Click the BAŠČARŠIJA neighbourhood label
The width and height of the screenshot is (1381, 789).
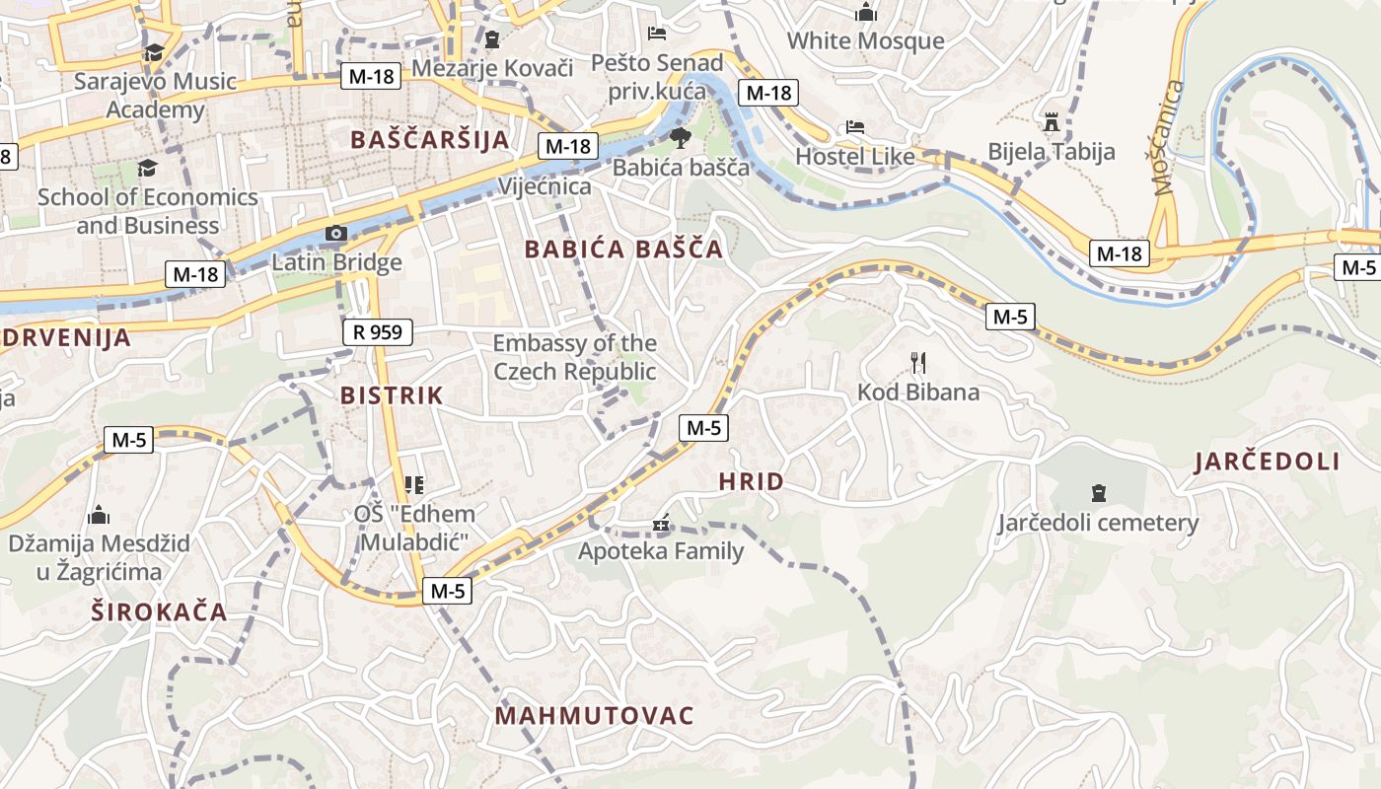[430, 139]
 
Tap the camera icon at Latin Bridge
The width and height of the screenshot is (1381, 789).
[336, 234]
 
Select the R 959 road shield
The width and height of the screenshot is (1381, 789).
[378, 332]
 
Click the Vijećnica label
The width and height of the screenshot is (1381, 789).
[545, 186]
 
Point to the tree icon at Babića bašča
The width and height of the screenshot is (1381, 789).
[680, 138]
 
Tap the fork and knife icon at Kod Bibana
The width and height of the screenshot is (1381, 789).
[918, 363]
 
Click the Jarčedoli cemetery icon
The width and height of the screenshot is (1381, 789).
[1098, 493]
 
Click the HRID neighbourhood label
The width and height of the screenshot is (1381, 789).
[752, 482]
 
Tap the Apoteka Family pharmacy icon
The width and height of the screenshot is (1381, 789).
[661, 524]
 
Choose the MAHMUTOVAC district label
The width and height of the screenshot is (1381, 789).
[595, 716]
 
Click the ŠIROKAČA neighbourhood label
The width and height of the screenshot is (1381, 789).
[160, 611]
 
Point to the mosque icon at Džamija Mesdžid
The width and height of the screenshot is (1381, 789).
[99, 515]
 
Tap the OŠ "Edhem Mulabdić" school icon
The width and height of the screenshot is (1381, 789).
[414, 485]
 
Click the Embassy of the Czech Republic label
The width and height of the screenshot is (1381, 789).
[574, 357]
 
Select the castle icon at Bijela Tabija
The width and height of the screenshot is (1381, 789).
[1052, 122]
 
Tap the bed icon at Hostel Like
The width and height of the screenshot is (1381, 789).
[855, 127]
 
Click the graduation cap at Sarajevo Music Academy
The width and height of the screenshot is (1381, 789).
[154, 52]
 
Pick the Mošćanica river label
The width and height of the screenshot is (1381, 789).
[1167, 138]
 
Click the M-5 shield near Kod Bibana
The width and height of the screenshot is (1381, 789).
[1010, 317]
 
